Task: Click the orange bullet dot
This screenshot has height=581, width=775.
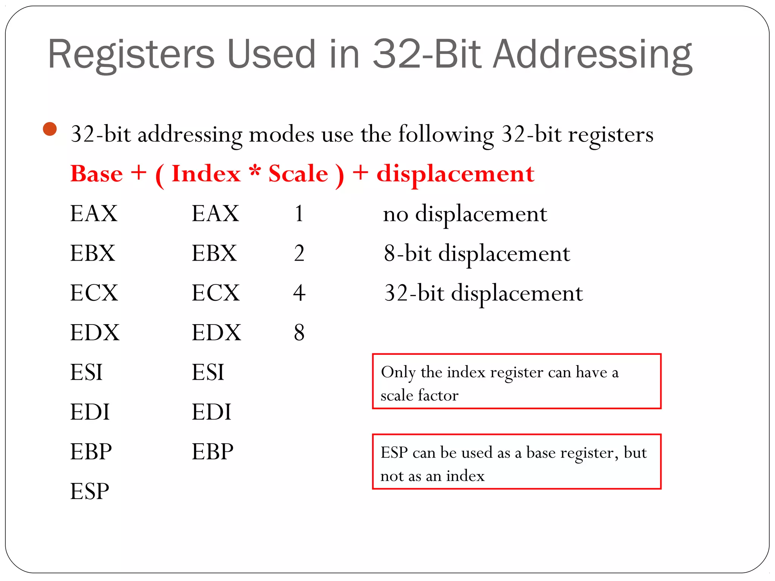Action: (x=50, y=129)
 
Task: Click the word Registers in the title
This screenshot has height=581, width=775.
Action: (x=131, y=55)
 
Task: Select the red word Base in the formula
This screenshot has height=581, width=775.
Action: (x=97, y=174)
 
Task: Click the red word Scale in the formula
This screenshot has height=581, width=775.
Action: (x=298, y=174)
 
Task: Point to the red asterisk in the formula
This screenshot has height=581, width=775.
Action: (x=255, y=171)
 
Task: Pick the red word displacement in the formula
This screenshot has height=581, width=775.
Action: (x=455, y=174)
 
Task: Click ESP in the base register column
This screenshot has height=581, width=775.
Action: (x=90, y=491)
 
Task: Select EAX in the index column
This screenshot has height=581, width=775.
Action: (x=215, y=213)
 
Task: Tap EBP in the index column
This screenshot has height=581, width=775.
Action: (x=213, y=452)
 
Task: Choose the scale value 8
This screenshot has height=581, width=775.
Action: (x=299, y=332)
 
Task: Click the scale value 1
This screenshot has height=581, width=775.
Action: (x=299, y=213)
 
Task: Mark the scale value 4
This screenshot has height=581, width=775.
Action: (x=299, y=293)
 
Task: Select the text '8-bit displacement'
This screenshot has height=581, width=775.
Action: (x=477, y=253)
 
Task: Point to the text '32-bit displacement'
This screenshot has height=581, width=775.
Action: (x=483, y=293)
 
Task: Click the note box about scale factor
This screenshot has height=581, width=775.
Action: (x=517, y=381)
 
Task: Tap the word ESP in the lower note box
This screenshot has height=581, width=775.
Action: (x=394, y=453)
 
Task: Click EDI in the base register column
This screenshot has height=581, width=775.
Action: (x=90, y=412)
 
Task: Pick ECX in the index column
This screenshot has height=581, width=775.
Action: (x=216, y=293)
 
